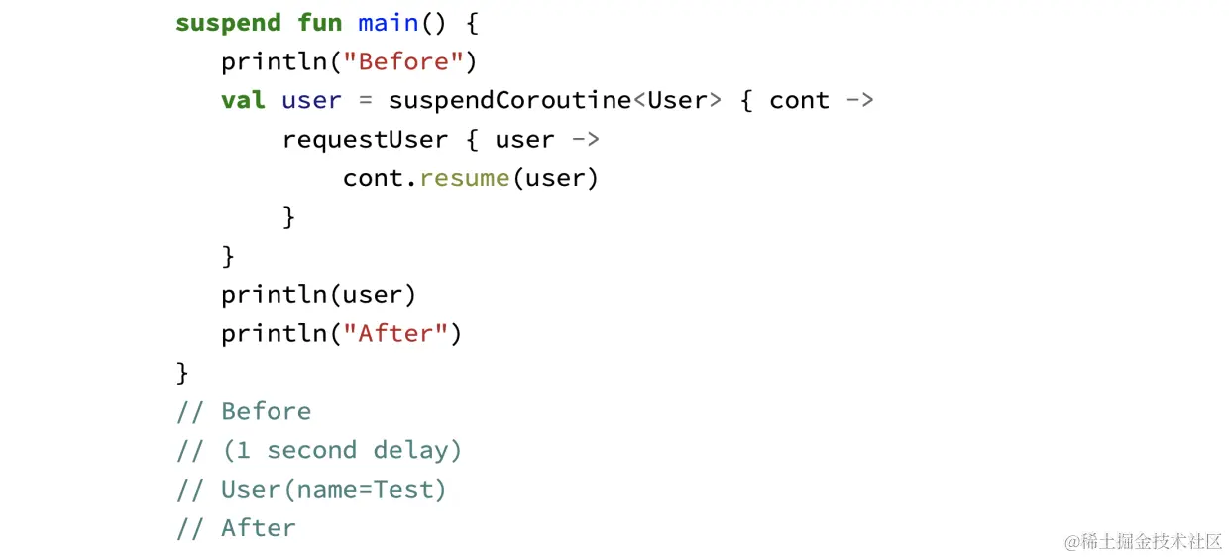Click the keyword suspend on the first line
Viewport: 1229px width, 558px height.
coord(228,23)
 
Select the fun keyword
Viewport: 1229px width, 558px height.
coord(320,23)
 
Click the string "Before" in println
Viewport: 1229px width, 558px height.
coord(403,61)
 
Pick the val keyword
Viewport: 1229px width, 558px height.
coord(243,100)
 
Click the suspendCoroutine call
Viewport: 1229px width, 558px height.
coord(509,100)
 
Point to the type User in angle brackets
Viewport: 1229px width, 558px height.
coord(677,100)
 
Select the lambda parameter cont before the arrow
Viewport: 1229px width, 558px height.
coord(799,100)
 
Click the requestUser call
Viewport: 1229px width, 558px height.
coord(365,140)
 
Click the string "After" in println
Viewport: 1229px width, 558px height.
coord(395,334)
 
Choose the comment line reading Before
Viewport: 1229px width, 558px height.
coord(244,411)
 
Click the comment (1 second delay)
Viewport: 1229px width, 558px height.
coord(319,450)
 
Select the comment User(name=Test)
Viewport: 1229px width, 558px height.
coord(311,490)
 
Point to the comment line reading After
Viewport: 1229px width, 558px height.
coord(236,528)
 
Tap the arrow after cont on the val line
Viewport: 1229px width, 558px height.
coord(859,100)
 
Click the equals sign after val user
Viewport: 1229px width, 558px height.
coord(365,100)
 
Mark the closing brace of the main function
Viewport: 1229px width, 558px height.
coord(182,373)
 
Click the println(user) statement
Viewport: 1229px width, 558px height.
coord(319,295)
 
